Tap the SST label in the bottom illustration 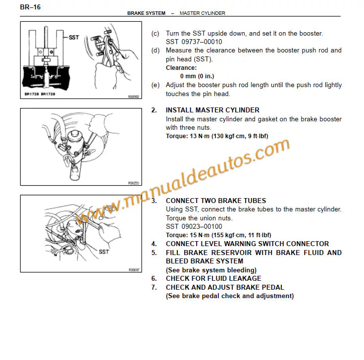coord(104,252)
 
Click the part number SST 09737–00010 coord(194,42)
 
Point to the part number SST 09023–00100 coord(194,226)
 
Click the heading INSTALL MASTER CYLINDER coord(212,110)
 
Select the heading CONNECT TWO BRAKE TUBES coord(215,201)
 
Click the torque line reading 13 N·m coord(224,136)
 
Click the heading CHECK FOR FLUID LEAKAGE coord(213,278)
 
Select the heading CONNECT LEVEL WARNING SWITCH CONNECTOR coord(247,244)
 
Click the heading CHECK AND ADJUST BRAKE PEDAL coord(225,287)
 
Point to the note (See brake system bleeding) coord(211,270)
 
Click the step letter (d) coord(156,51)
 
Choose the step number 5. coord(154,253)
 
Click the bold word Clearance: coord(181,68)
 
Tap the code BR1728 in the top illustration coord(32,94)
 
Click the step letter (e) coord(156,85)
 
